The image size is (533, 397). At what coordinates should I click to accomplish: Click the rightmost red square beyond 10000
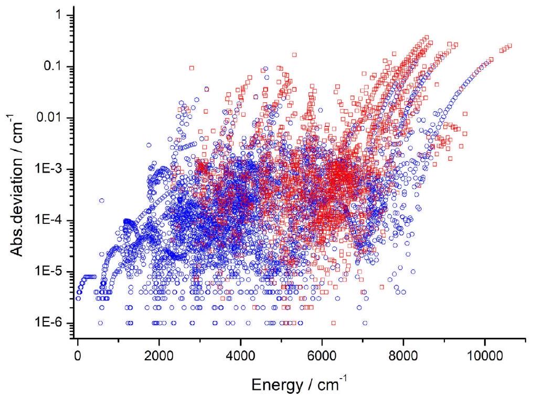tap(509, 46)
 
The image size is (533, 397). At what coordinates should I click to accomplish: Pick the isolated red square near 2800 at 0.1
tap(192, 68)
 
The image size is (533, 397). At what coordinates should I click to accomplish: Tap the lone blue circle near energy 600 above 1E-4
tap(102, 200)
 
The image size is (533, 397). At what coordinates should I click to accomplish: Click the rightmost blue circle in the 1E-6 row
tap(365, 323)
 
